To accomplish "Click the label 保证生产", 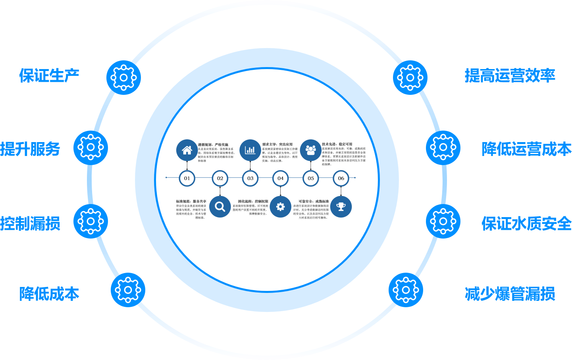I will click(x=49, y=75).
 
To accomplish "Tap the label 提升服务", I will click(x=30, y=149).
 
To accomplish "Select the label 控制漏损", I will click(x=30, y=223).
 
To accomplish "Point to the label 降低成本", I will click(x=49, y=294).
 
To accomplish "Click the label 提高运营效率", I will click(x=510, y=75).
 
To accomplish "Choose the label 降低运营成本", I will click(x=526, y=149).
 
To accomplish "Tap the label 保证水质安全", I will click(x=526, y=223).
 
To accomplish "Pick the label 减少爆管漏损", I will click(x=510, y=294).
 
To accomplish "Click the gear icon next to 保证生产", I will click(x=123, y=77).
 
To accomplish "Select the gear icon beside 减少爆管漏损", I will click(x=406, y=290).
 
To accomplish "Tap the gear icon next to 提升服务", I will click(x=91, y=148).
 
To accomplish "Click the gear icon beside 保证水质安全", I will click(x=443, y=221).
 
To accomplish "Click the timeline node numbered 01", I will click(x=187, y=178).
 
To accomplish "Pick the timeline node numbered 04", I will click(x=281, y=178).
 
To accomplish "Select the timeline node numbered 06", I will click(x=341, y=178).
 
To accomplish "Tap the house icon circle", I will click(x=187, y=150).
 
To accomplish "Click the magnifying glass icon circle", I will click(x=220, y=207).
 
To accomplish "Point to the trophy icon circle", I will click(x=341, y=207).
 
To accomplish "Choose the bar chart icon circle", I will click(x=250, y=150).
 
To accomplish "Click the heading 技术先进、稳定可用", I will click(x=337, y=144).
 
